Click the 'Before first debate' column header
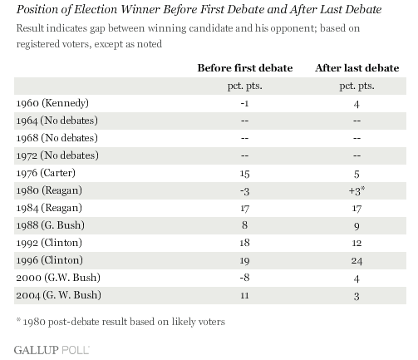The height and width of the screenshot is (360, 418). [x=245, y=68]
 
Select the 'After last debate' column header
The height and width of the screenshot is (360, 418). [x=357, y=68]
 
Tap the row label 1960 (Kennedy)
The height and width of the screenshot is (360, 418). [x=52, y=103]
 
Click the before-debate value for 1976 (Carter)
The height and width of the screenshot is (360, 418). [x=244, y=174]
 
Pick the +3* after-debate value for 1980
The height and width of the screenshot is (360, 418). [x=357, y=190]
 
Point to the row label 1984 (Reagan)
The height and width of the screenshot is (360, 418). [x=49, y=208]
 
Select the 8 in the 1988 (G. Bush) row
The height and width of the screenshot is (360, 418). [x=244, y=225]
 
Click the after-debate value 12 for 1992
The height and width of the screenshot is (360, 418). [x=357, y=243]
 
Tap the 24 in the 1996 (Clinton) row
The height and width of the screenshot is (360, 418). [x=357, y=261]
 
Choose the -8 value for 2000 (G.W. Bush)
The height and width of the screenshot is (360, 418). [x=244, y=278]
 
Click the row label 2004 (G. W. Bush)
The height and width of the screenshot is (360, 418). [x=58, y=295]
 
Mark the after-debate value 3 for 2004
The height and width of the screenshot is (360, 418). [x=357, y=296]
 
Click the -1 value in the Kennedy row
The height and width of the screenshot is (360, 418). [x=244, y=104]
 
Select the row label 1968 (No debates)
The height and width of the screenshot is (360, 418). [x=57, y=138]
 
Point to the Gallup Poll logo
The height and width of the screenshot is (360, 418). [x=52, y=350]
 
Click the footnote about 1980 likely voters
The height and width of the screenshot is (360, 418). [x=120, y=322]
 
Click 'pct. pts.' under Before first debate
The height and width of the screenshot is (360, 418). [x=245, y=86]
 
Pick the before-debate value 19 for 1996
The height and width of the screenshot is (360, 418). [x=244, y=261]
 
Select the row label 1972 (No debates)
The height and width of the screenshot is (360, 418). [x=57, y=155]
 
